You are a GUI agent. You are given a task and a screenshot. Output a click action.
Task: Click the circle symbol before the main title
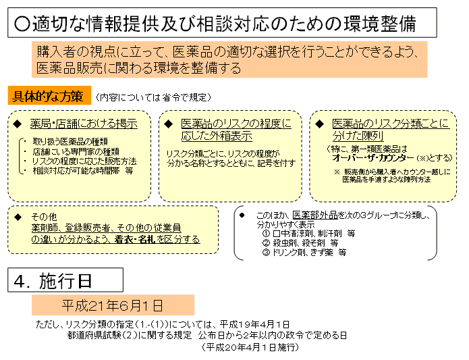[22, 24]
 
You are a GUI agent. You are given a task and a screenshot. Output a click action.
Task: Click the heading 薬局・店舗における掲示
[84, 124]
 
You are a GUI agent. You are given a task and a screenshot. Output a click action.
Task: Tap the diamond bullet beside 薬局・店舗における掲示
[17, 124]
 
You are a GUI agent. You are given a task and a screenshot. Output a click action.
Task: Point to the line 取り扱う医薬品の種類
[70, 142]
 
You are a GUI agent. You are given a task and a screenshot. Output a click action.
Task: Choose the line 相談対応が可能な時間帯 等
[83, 171]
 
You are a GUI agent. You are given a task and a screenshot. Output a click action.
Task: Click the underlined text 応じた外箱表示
[217, 136]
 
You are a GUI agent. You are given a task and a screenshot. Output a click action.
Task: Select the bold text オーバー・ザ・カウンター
[373, 157]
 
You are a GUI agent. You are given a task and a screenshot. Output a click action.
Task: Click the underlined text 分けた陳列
[358, 136]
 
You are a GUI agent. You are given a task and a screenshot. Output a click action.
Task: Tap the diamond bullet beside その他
[18, 217]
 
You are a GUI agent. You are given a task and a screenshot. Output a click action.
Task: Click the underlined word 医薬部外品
[315, 215]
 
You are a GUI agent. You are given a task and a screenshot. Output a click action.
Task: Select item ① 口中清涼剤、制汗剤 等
[308, 234]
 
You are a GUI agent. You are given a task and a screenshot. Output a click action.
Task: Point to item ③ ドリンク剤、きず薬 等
[304, 252]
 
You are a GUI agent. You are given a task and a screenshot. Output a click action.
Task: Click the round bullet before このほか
[242, 215]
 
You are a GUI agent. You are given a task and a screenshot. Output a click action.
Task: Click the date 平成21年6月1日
[113, 305]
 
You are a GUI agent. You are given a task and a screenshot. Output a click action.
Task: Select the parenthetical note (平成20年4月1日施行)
[250, 347]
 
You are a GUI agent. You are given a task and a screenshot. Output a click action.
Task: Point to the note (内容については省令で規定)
[153, 97]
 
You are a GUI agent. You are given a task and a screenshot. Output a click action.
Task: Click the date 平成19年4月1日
[254, 324]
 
